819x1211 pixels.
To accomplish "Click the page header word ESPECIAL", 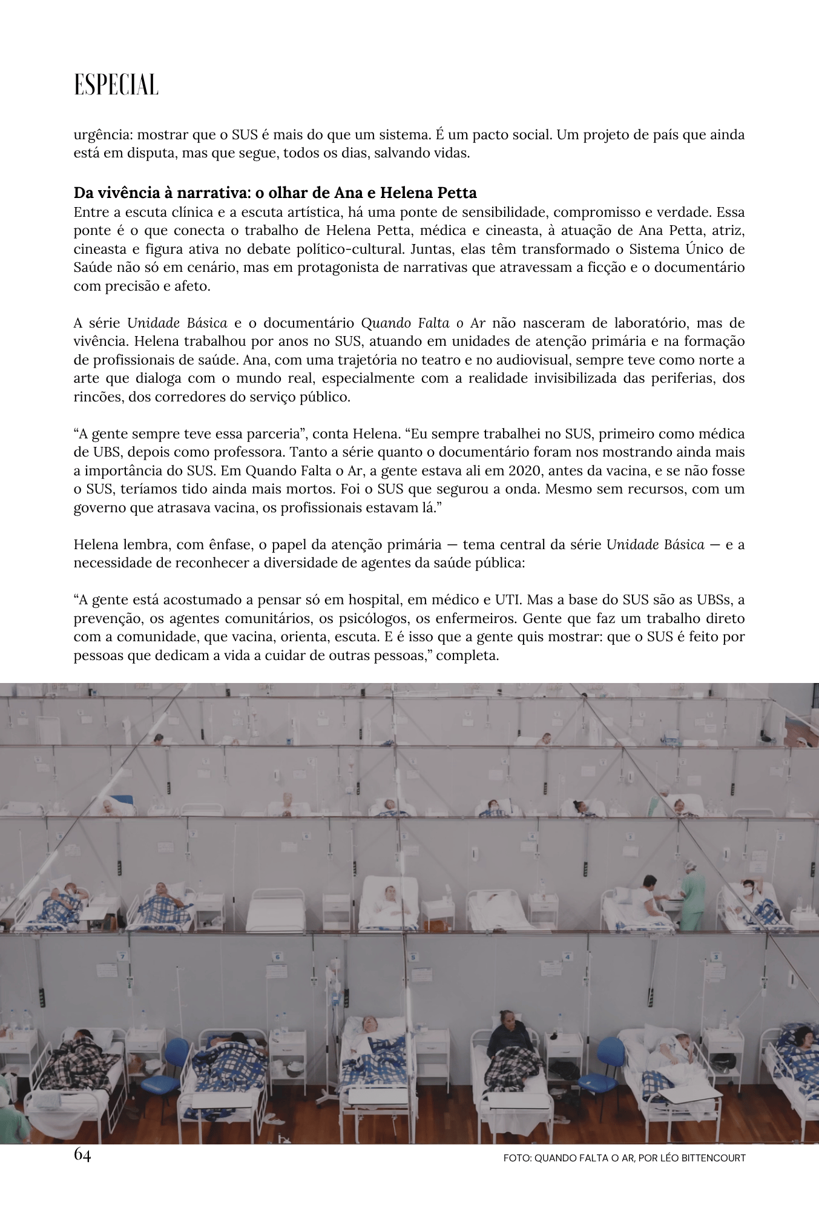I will [x=116, y=85].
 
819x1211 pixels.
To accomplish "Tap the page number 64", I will [x=82, y=1155].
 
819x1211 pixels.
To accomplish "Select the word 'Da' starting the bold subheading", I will [x=82, y=193].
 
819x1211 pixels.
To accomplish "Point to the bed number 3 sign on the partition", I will [x=715, y=957].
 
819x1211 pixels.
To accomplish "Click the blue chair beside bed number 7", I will [x=177, y=1055].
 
